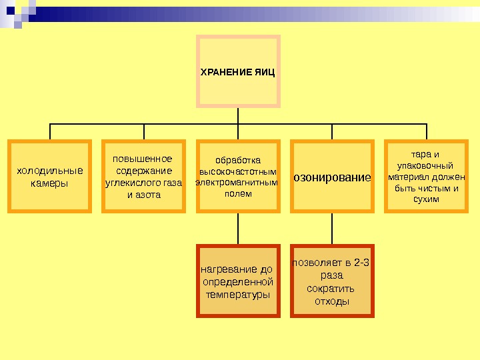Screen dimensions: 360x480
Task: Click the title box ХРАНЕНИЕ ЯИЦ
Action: coord(238,71)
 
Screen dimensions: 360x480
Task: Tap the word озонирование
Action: coord(332,178)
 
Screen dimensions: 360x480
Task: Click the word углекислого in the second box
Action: coord(129,183)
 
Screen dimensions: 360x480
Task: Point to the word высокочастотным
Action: coord(238,171)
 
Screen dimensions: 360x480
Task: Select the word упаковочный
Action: coord(425,165)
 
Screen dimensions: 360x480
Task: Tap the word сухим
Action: coord(426,199)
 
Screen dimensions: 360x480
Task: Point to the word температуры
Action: coord(238,294)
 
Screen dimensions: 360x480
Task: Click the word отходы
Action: coord(331,301)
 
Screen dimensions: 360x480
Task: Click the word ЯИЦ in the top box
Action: coord(265,71)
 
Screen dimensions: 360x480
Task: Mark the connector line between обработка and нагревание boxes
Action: coord(238,229)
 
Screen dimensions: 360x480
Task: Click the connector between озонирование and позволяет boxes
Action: coord(332,229)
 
